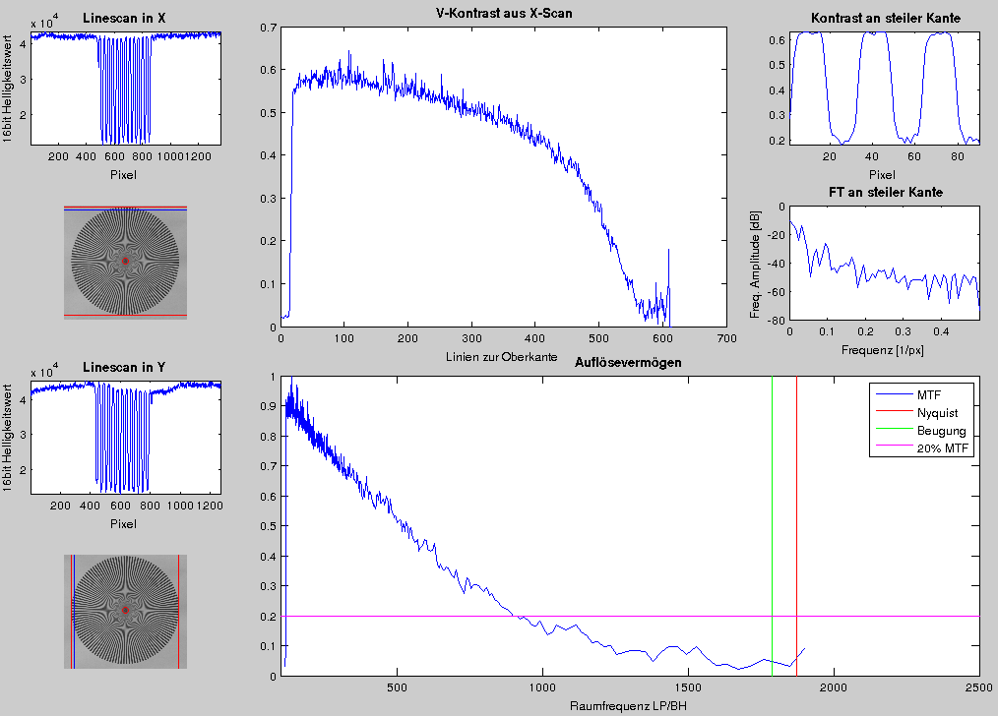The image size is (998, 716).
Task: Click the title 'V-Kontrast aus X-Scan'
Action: tap(503, 15)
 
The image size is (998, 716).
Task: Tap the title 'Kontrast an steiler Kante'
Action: tap(885, 19)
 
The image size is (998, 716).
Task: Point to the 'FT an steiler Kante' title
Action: tap(886, 192)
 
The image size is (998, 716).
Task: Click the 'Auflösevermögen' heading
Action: tap(628, 363)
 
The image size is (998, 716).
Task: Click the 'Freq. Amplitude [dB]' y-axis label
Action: tap(755, 264)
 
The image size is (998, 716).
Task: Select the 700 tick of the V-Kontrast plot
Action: tap(726, 339)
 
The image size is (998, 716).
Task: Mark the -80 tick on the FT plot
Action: tap(776, 321)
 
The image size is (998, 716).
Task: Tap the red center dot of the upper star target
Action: tap(125, 261)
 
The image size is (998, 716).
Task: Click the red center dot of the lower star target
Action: tap(125, 611)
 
